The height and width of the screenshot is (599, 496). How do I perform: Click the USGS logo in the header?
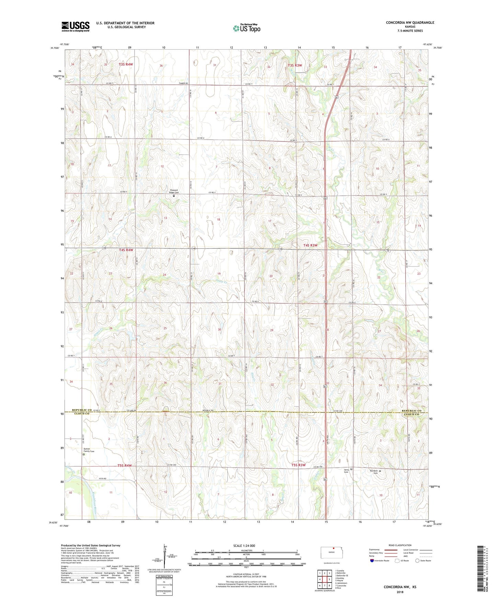point(76,26)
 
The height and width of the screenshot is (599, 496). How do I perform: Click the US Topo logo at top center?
point(246,28)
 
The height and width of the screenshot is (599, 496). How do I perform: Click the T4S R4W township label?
point(126,250)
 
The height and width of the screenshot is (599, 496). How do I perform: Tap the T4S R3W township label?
point(310,245)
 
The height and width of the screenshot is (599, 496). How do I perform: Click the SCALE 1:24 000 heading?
point(244,545)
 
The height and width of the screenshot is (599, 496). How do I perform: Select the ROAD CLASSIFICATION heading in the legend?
point(400,545)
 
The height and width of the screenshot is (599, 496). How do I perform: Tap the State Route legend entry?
point(423,561)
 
